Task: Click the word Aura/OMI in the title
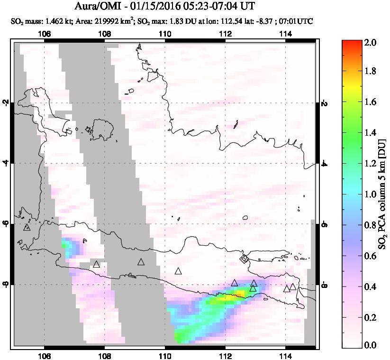[x=98, y=7]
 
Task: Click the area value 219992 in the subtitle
[x=97, y=21]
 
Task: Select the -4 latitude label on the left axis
[x=6, y=163]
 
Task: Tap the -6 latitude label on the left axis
[x=6, y=224]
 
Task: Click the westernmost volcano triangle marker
[x=27, y=227]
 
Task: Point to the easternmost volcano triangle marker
[x=293, y=286]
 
